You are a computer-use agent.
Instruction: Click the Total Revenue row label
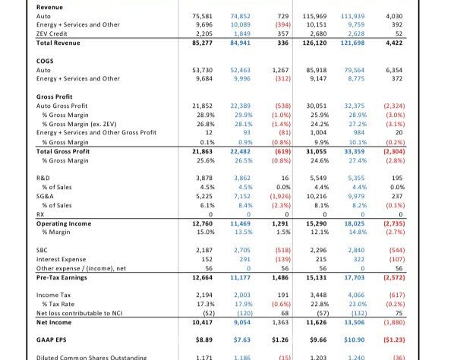pyautogui.click(x=58, y=43)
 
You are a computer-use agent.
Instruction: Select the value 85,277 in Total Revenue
pyautogui.click(x=202, y=43)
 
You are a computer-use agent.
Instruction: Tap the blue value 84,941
pyautogui.click(x=241, y=43)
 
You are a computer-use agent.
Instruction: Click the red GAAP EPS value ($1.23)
pyautogui.click(x=394, y=339)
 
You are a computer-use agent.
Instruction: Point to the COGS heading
pyautogui.click(x=45, y=61)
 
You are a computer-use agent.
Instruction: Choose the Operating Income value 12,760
pyautogui.click(x=202, y=223)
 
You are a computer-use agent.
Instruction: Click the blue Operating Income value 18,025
pyautogui.click(x=355, y=223)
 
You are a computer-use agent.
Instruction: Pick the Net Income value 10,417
pyautogui.click(x=202, y=322)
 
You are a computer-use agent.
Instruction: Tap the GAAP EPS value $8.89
pyautogui.click(x=203, y=339)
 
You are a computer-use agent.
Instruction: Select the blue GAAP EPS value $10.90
pyautogui.click(x=354, y=339)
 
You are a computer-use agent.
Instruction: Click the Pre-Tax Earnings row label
pyautogui.click(x=61, y=277)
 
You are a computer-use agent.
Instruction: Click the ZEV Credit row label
pyautogui.click(x=52, y=33)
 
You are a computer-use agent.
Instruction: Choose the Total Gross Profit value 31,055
pyautogui.click(x=316, y=151)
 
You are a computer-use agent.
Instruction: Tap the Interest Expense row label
pyautogui.click(x=61, y=259)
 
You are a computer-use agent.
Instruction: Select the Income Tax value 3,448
pyautogui.click(x=318, y=295)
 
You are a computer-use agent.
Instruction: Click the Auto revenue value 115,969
pyautogui.click(x=315, y=16)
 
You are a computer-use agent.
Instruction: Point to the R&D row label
pyautogui.click(x=43, y=178)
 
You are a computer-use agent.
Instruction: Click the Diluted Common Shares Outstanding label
pyautogui.click(x=92, y=358)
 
